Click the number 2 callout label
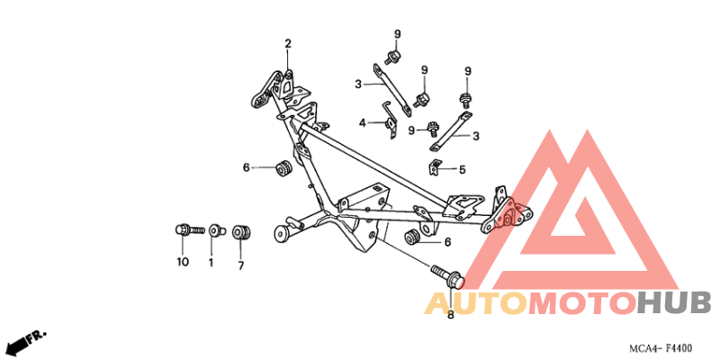point(288,44)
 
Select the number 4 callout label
point(363,123)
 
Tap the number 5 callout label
point(462,170)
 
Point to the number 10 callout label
point(183,262)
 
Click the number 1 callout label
point(211,263)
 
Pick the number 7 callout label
point(241,265)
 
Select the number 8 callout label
point(450,315)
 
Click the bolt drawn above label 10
point(190,229)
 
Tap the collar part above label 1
point(215,230)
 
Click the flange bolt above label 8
point(449,276)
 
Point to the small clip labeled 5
point(434,167)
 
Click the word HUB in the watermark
point(674,303)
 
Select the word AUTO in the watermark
point(476,304)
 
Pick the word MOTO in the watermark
point(583,303)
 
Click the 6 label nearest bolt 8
point(447,242)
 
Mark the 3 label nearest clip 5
point(476,137)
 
